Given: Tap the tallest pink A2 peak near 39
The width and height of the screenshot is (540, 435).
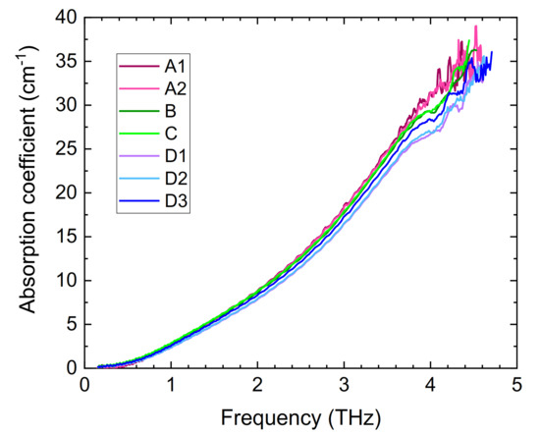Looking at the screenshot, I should tap(476, 27).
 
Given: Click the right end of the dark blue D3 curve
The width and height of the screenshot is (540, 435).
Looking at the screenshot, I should tap(491, 51).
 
